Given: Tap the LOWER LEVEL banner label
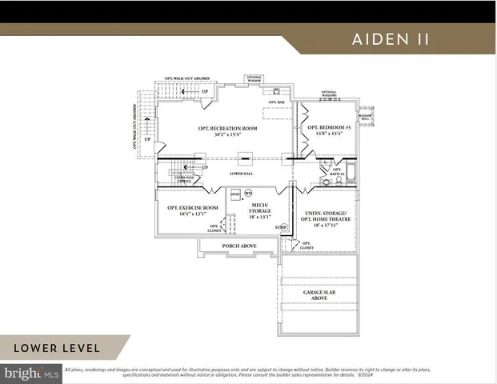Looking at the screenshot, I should (x=56, y=348).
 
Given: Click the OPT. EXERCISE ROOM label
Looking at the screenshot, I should (x=192, y=208).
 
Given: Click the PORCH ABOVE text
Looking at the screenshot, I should (x=238, y=246).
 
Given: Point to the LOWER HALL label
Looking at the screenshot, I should (x=241, y=172).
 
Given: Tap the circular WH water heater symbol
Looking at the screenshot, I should (x=248, y=193).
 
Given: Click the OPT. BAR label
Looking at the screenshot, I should (x=277, y=103).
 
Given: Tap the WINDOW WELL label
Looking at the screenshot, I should (x=365, y=118).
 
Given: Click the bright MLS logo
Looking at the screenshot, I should (x=32, y=373).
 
